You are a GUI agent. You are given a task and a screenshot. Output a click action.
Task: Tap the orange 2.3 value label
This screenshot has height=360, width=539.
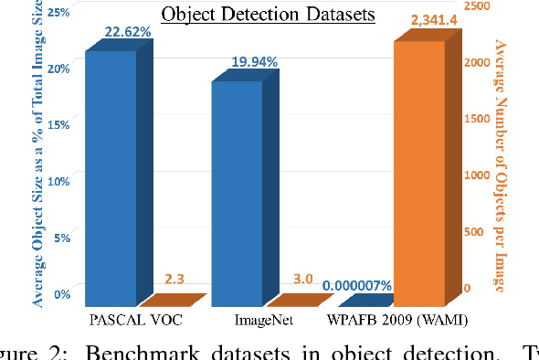pos(174,279)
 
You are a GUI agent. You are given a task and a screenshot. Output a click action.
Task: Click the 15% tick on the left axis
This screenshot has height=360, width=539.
pos(58,123)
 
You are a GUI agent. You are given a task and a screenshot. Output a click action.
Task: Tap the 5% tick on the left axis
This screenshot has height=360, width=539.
pos(61,238)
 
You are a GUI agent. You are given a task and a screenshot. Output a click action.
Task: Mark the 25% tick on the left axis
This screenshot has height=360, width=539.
pos(58,11)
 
